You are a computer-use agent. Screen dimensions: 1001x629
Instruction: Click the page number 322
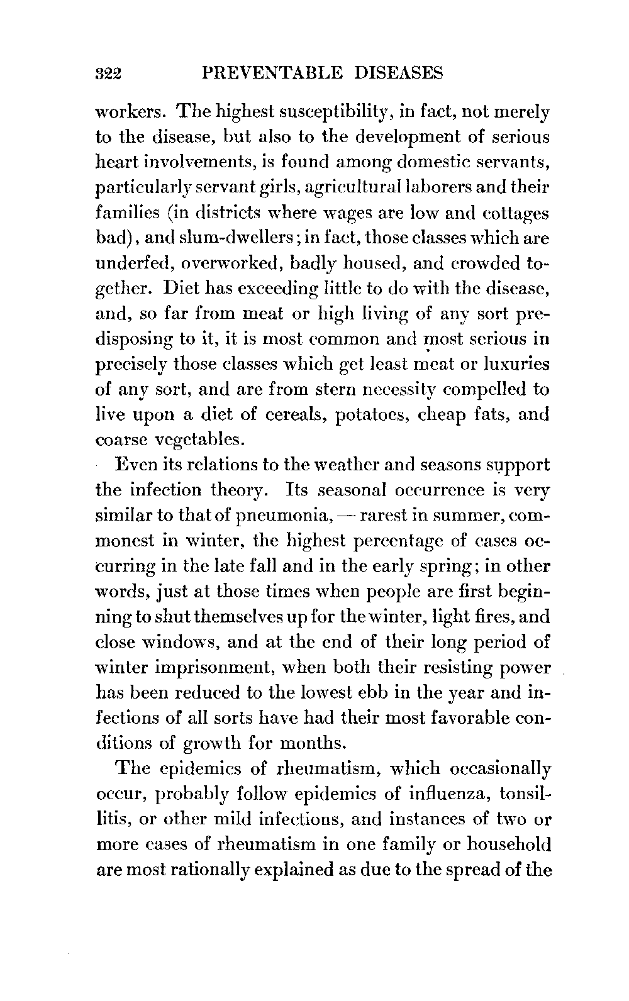point(111,74)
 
